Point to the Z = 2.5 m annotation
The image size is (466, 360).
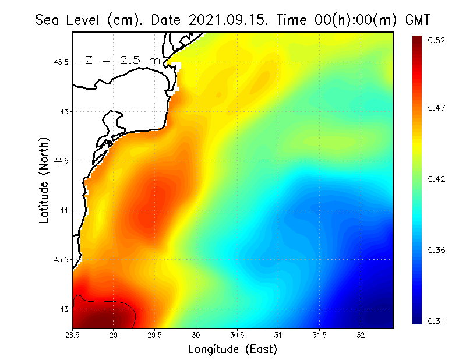click(x=122, y=60)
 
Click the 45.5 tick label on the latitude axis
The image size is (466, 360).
click(x=59, y=62)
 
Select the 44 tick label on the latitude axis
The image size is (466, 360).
click(x=63, y=210)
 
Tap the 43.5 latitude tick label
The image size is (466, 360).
click(x=59, y=259)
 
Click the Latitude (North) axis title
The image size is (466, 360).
click(x=44, y=181)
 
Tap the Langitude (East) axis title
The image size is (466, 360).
click(x=232, y=350)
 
